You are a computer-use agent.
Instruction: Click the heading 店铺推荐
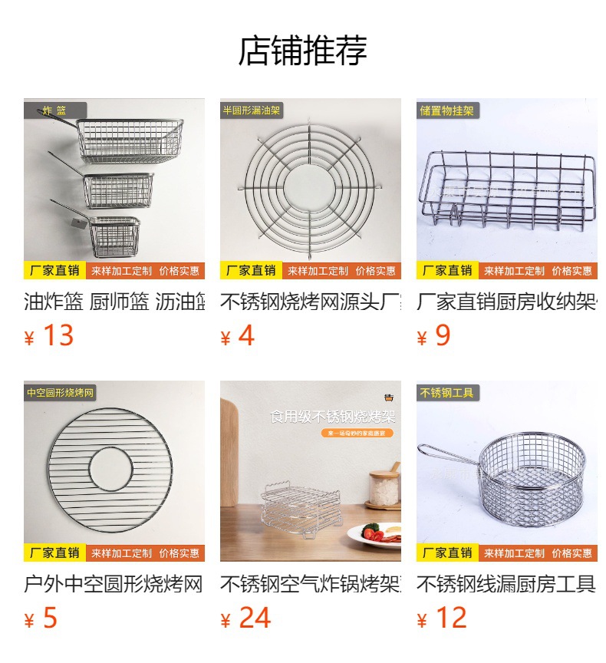click(302, 51)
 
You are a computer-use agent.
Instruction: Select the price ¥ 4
click(237, 336)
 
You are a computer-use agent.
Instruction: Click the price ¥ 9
click(433, 336)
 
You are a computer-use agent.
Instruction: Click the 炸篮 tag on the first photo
click(55, 110)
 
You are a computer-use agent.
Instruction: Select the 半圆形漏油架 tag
click(252, 110)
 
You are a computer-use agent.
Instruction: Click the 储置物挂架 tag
click(447, 110)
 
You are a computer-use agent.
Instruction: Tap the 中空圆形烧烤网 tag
click(61, 393)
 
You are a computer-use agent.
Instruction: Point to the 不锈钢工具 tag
click(447, 393)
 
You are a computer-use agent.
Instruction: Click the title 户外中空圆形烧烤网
click(114, 585)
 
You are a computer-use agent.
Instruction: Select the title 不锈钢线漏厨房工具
click(506, 585)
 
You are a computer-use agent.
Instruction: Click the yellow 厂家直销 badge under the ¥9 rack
click(447, 271)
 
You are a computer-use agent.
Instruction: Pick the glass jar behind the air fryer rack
click(384, 487)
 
